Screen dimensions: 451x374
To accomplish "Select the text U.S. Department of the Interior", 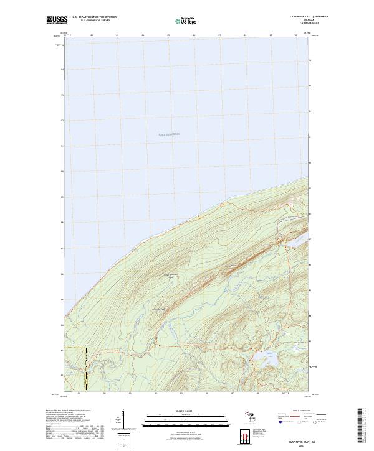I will point(95,17).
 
